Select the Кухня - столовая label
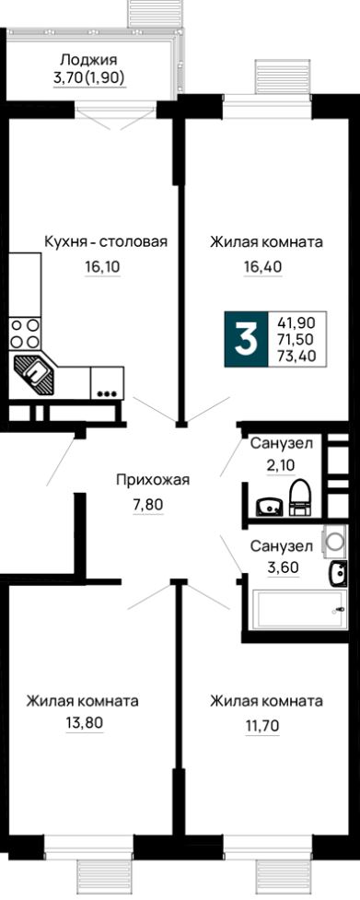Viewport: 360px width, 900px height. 106,241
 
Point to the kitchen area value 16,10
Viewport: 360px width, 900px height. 103,268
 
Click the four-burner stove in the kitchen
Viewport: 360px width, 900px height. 25,333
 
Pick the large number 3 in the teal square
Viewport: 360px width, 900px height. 246,341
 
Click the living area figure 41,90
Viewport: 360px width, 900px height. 296,323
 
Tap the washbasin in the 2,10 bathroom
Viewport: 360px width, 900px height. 268,505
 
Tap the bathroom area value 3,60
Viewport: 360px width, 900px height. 283,568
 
